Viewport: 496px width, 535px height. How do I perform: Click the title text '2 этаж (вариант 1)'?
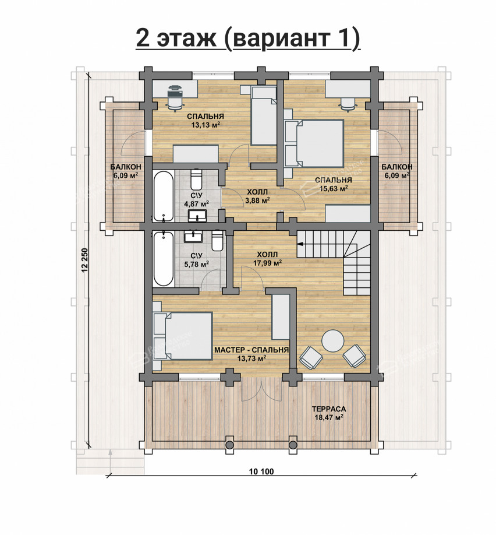(x=248, y=38)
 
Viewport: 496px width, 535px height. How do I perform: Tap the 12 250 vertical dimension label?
(x=85, y=261)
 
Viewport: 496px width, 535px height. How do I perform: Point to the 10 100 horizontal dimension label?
(x=261, y=471)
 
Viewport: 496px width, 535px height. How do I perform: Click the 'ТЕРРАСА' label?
(x=329, y=409)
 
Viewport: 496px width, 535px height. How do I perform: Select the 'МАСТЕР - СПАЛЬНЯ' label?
(x=251, y=350)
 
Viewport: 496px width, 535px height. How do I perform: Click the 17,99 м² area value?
(x=267, y=263)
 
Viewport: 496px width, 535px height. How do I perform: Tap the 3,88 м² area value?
(x=257, y=200)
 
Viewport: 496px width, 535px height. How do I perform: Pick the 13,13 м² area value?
(x=206, y=125)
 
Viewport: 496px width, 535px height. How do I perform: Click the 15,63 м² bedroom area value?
(x=334, y=188)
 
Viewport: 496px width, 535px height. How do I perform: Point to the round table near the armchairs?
(x=333, y=341)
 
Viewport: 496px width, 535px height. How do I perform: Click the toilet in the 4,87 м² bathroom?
(x=196, y=179)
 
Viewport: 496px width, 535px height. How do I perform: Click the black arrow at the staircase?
(x=300, y=244)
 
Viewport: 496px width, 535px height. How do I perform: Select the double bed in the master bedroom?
(x=183, y=336)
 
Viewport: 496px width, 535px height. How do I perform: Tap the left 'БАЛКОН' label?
(x=126, y=167)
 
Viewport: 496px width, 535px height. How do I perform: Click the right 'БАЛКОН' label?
(x=397, y=167)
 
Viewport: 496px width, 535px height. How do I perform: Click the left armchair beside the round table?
(x=311, y=358)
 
